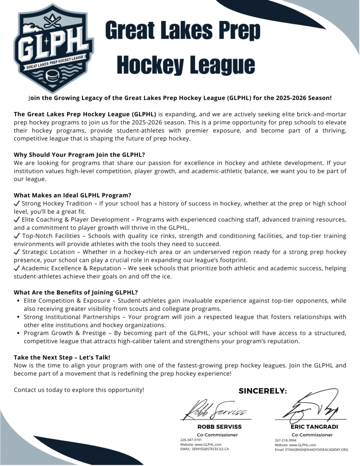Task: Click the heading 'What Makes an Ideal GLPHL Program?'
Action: tap(72, 195)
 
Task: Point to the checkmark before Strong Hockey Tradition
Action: tap(17, 204)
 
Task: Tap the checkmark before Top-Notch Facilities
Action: tap(17, 236)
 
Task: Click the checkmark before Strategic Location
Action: tap(17, 252)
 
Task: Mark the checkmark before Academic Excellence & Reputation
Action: tap(17, 268)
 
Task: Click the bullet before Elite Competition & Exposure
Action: tap(18, 301)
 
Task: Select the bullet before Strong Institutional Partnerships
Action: tap(18, 317)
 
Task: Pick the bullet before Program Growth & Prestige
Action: tap(18, 333)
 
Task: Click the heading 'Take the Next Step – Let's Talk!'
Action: tap(62, 357)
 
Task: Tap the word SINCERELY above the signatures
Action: tap(263, 391)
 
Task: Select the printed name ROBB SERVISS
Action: tap(219, 427)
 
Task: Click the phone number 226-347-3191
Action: tap(191, 440)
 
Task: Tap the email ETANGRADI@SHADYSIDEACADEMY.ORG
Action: tap(311, 449)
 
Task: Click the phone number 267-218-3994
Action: tap(285, 441)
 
